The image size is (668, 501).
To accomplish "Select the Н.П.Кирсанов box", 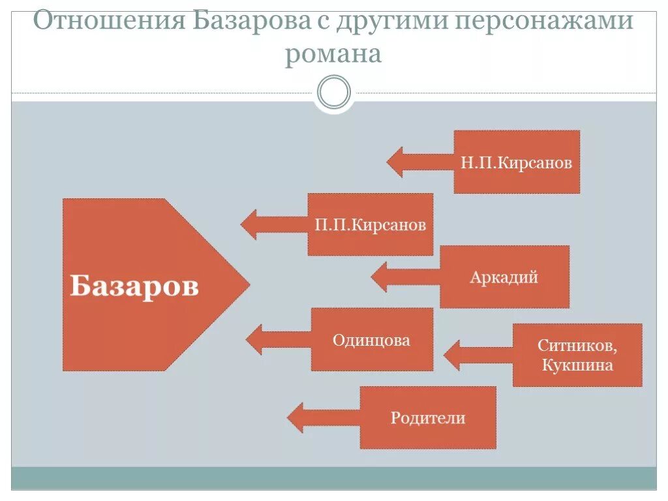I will [517, 162].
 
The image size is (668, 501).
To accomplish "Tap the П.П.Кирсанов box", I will [370, 224].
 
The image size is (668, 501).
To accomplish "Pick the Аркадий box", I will [504, 277].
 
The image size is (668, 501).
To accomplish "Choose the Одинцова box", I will [372, 339].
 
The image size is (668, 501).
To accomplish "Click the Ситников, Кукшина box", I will [577, 355].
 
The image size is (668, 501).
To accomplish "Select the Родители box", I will [428, 417].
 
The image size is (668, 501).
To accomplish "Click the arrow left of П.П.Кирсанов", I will [273, 224].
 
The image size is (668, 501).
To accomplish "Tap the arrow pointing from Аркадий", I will [405, 277].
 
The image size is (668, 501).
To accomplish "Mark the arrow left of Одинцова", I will [278, 339].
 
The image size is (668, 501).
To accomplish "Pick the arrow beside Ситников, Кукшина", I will [478, 355].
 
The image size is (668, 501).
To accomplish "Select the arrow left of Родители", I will [323, 417].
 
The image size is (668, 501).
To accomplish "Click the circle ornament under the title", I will [334, 92].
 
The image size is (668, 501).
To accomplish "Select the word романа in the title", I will [333, 54].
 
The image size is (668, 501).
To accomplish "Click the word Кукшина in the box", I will [577, 365].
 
